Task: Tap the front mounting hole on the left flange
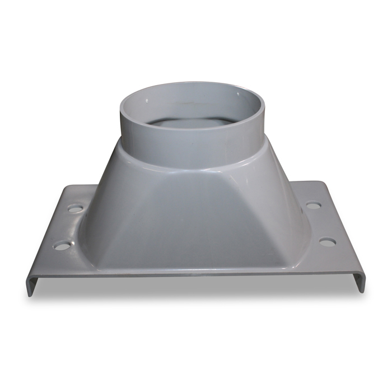(62, 245)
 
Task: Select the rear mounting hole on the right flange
(313, 206)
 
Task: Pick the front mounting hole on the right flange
(327, 242)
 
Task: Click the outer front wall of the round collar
(193, 148)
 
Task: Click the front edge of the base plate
(193, 275)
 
